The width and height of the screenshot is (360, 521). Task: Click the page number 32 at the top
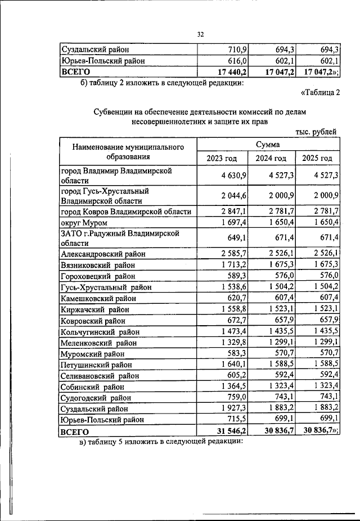[200, 34]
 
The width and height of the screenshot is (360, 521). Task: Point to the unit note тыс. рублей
[316, 132]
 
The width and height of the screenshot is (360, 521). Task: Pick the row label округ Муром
[84, 223]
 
